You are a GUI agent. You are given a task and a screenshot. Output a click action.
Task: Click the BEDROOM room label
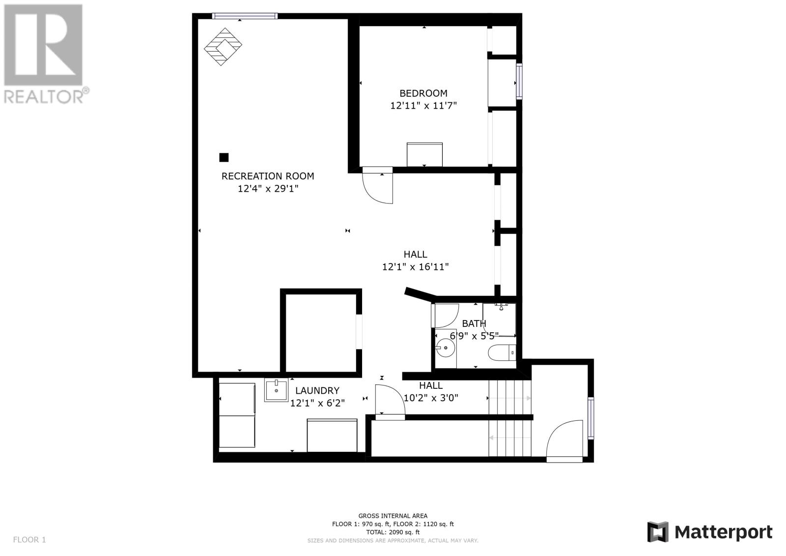(423, 93)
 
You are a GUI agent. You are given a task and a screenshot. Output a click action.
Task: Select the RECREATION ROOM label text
(267, 176)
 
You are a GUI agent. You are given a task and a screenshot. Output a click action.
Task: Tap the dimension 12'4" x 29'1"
(268, 189)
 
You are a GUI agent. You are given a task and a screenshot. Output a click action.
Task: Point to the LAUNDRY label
(317, 390)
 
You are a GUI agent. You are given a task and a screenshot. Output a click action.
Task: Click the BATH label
(474, 323)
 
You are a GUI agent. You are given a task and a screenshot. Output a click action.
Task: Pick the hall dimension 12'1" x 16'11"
(415, 267)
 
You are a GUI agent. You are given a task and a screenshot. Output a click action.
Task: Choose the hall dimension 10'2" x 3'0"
(430, 398)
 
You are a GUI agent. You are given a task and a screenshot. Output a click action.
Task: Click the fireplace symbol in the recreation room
(223, 47)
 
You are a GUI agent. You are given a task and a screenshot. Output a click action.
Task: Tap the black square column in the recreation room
(224, 157)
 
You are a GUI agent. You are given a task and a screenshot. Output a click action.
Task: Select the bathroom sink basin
(445, 348)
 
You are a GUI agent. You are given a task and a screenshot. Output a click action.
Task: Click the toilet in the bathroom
(502, 352)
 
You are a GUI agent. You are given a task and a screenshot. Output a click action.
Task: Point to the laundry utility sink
(276, 390)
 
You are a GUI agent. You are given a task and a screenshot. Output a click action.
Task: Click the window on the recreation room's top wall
(245, 16)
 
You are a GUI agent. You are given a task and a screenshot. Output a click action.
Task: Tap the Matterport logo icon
(658, 532)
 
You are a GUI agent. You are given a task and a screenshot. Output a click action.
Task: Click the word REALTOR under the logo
(44, 96)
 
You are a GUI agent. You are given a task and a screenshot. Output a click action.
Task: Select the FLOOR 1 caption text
(29, 539)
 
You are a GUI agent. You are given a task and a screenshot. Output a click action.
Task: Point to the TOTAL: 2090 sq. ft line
(393, 532)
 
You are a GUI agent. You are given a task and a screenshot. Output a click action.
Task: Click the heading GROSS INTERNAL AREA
(393, 516)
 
